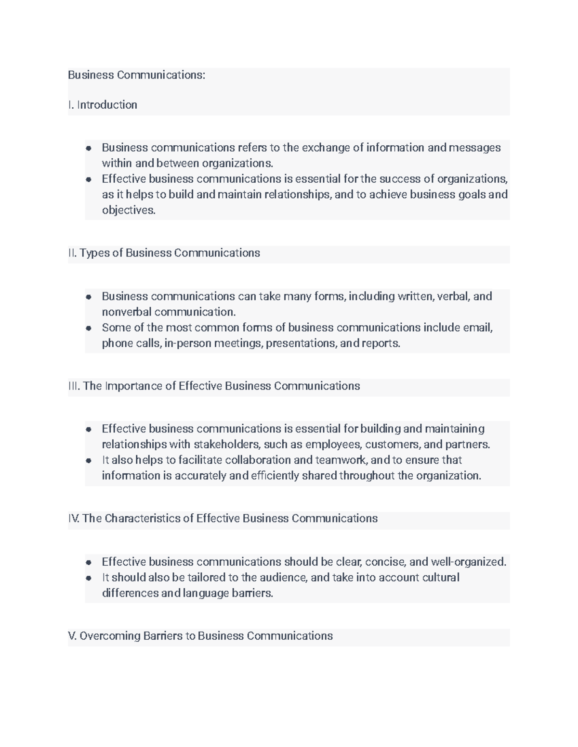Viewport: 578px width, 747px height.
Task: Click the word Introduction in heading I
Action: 107,105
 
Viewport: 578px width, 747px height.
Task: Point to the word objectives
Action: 128,210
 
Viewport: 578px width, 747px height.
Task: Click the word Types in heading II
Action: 94,253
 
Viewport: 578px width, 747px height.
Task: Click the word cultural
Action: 441,577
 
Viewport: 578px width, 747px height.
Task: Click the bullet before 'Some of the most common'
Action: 89,329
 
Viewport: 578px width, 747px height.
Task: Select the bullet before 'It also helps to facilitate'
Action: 89,461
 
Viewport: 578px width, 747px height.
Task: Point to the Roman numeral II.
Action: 72,253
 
